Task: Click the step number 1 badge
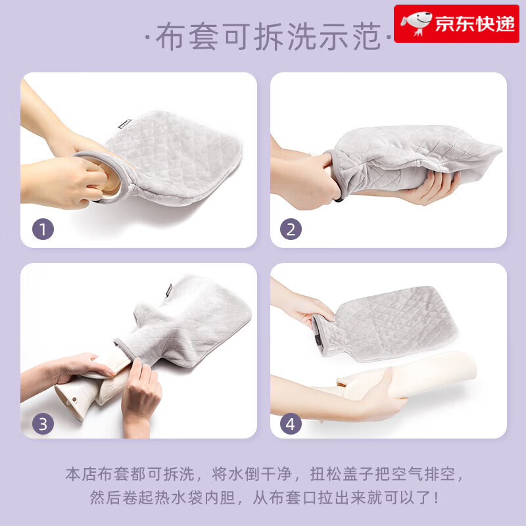tap(43, 229)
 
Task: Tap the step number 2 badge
tap(292, 229)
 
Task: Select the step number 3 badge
tap(43, 423)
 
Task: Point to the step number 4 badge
tap(292, 423)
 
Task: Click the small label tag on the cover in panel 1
tap(124, 124)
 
